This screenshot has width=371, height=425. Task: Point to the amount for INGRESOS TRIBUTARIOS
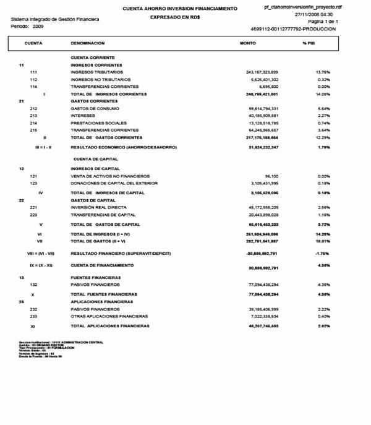[x=262, y=72]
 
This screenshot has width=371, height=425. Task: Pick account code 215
[x=34, y=130]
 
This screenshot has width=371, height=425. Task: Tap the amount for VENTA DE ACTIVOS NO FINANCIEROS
[x=270, y=176]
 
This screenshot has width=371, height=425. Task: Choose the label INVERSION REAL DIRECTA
[x=100, y=207]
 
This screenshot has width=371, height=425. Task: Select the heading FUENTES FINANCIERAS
[x=95, y=277]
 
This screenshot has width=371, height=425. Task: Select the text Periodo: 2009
[x=27, y=28]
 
